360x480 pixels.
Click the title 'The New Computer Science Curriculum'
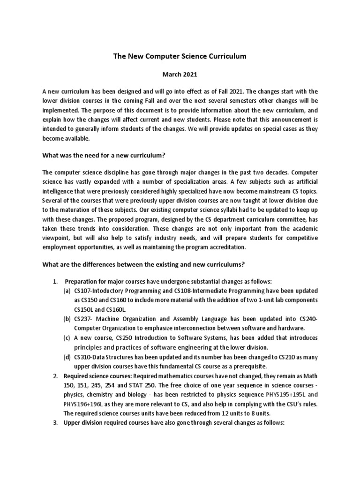180,56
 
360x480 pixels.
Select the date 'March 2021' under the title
180,74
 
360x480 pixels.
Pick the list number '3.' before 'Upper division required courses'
55,423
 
